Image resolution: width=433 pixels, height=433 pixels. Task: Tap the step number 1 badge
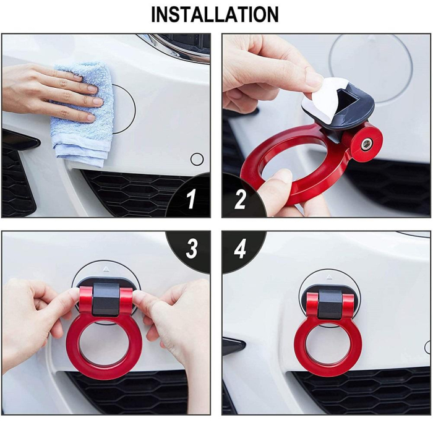tap(191, 199)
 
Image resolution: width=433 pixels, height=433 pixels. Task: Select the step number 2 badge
tap(240, 199)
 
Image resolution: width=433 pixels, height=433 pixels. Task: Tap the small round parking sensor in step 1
tap(197, 159)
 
